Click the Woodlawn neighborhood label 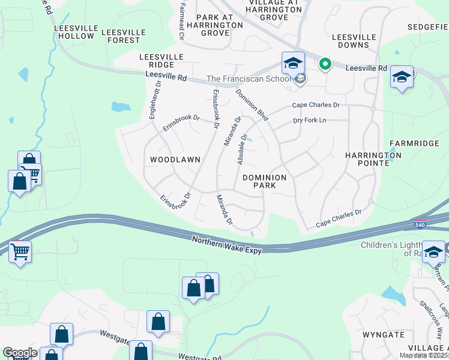point(175,160)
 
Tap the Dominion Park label point(267,181)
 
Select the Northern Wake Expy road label point(227,245)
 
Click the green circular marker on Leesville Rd point(325,64)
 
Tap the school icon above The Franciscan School point(293,63)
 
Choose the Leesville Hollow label point(74,32)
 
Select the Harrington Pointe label point(373,159)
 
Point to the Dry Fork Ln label point(309,121)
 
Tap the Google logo point(20,353)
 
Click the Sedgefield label point(427,27)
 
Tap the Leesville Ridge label point(157,60)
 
